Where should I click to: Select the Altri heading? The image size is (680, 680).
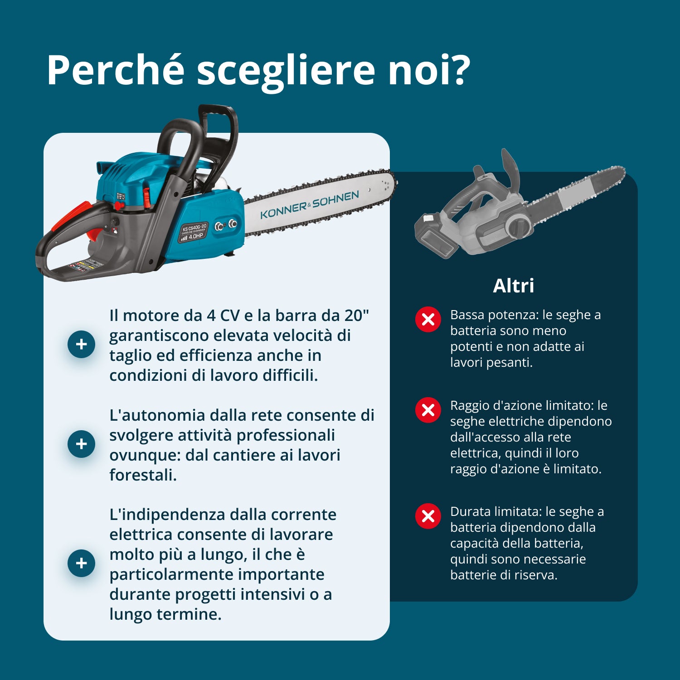[x=514, y=286]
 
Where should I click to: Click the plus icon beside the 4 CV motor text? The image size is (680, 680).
[x=81, y=344]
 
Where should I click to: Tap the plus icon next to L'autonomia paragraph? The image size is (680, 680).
[x=81, y=444]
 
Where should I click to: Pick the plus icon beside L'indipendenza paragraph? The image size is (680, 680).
[x=81, y=563]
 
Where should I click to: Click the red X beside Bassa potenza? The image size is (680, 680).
[x=428, y=320]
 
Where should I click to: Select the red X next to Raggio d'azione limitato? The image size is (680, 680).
[x=428, y=410]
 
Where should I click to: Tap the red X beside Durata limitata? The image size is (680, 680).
[x=428, y=516]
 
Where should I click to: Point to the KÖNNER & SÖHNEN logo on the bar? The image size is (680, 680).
[x=310, y=204]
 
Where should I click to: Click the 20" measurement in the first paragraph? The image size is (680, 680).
[x=355, y=315]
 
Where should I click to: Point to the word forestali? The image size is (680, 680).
[x=143, y=475]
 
